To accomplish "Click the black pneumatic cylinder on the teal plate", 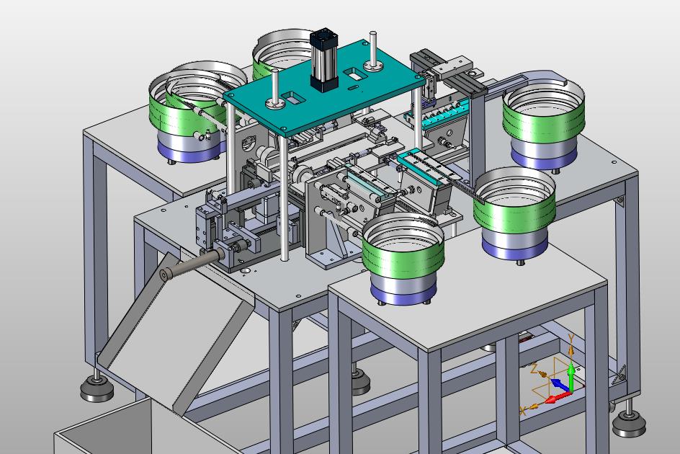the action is (324, 60).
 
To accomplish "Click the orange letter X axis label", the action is (522, 410).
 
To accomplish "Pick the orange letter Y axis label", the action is (571, 338).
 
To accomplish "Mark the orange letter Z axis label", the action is (534, 368).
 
